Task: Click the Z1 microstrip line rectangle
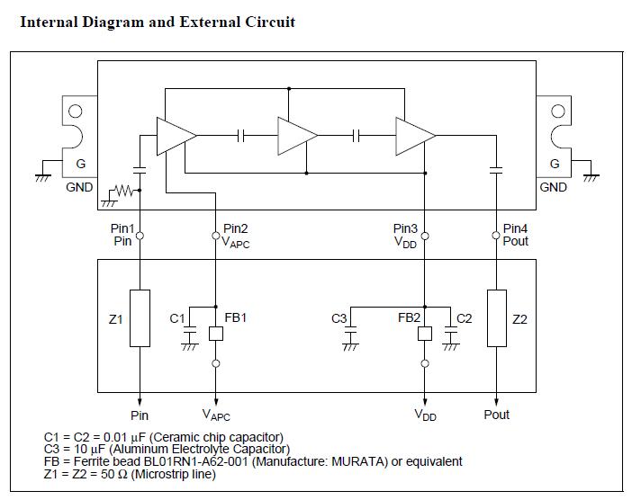pyautogui.click(x=140, y=317)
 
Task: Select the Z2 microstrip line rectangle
pyautogui.click(x=497, y=317)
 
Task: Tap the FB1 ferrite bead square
pyautogui.click(x=216, y=333)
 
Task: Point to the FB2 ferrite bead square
pyautogui.click(x=425, y=333)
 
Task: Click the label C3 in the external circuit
pyautogui.click(x=339, y=318)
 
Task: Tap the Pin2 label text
pyautogui.click(x=236, y=228)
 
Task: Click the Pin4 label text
pyautogui.click(x=516, y=228)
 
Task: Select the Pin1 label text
pyautogui.click(x=122, y=228)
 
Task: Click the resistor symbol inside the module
pyautogui.click(x=123, y=191)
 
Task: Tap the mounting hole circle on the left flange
pyautogui.click(x=76, y=112)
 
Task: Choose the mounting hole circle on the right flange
pyautogui.click(x=558, y=112)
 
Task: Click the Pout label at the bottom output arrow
pyautogui.click(x=497, y=415)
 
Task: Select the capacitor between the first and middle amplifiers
pyautogui.click(x=240, y=135)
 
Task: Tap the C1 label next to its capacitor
pyautogui.click(x=177, y=318)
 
